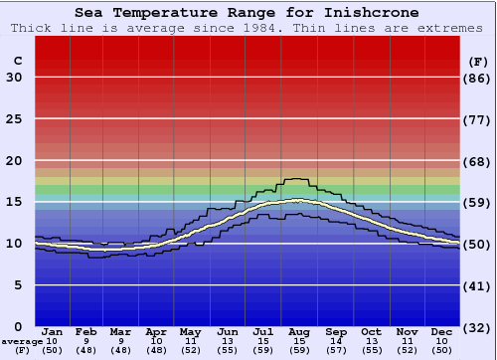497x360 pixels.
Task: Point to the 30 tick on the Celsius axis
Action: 14,78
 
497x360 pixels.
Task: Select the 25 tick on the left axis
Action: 14,119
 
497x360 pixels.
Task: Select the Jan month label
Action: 53,331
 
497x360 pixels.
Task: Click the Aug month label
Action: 300,331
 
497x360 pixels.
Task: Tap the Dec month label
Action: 442,331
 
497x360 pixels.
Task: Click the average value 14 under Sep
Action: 336,341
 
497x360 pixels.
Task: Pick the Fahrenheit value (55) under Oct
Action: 371,350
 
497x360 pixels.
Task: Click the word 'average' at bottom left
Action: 21,341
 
